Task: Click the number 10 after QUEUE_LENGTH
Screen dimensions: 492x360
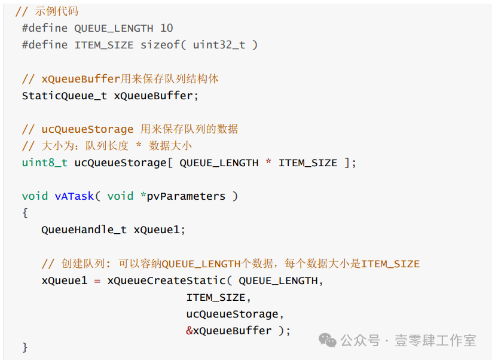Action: coord(167,28)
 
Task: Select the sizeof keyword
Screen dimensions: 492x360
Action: coord(160,45)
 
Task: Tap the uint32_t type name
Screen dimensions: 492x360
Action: coord(219,45)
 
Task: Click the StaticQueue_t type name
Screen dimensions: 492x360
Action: coord(65,96)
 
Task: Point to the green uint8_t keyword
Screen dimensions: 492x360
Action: coord(45,163)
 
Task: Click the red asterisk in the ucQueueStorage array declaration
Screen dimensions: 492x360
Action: coord(268,161)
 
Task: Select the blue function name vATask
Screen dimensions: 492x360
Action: coord(74,196)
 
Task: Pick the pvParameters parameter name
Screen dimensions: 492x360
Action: coord(186,197)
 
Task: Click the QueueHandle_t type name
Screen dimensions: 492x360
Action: coord(84,230)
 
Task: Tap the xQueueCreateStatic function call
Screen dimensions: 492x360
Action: coord(167,280)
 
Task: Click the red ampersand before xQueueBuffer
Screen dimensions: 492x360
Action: coord(189,331)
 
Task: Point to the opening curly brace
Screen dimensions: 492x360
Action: coord(25,213)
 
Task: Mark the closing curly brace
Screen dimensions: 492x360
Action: coord(25,347)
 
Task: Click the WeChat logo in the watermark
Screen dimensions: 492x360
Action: coord(327,340)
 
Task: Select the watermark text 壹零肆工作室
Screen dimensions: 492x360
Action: coord(435,340)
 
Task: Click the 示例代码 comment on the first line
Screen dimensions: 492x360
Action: coord(56,11)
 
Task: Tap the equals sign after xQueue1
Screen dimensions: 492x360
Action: coord(97,280)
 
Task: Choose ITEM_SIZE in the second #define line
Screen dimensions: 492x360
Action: coord(104,45)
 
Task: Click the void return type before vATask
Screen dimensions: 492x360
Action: coord(35,196)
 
